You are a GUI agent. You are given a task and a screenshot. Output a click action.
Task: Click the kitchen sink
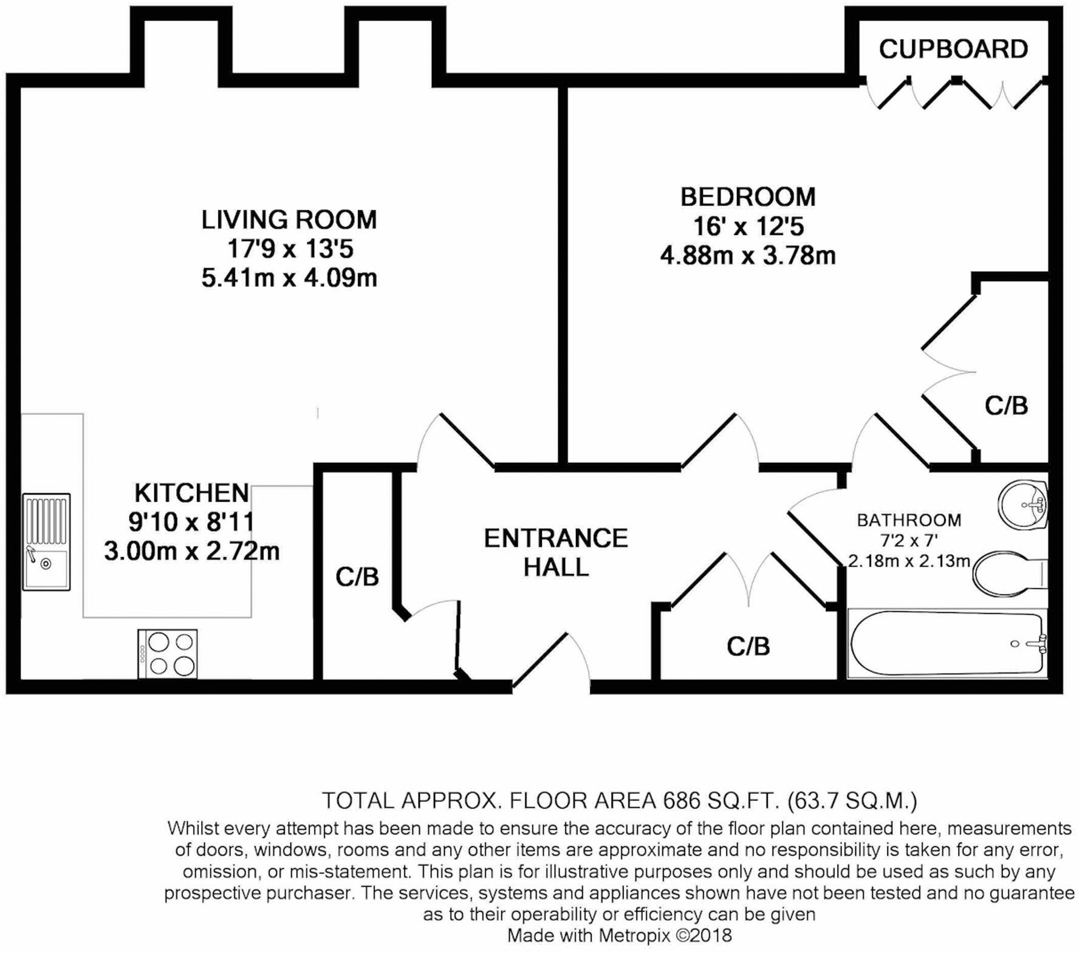[46, 541]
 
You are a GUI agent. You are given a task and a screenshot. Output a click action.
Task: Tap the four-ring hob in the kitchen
[168, 654]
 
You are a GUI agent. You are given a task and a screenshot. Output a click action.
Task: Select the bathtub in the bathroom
[947, 643]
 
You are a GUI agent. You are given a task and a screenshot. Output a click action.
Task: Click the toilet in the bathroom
[1009, 573]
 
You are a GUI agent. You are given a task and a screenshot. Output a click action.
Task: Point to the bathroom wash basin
[1023, 505]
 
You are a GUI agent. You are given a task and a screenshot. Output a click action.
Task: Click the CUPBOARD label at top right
[953, 49]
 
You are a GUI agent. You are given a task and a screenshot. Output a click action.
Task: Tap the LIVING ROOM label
[289, 220]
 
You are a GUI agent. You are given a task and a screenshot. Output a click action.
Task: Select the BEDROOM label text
[747, 197]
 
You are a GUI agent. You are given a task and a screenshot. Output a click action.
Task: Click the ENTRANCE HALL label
[555, 552]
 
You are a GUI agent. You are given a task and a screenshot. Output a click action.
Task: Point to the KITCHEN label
[191, 493]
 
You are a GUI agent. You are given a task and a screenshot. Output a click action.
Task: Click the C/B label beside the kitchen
[357, 577]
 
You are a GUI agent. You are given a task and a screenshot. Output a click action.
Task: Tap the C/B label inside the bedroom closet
[1006, 406]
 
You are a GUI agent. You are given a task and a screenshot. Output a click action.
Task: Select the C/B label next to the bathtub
[748, 647]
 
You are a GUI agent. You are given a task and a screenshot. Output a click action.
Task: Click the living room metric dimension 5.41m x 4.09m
[289, 278]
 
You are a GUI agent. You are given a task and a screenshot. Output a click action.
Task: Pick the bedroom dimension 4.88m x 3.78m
[747, 256]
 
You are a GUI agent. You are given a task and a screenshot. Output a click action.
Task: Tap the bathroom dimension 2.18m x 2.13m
[909, 561]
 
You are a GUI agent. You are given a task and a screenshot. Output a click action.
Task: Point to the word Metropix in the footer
[635, 935]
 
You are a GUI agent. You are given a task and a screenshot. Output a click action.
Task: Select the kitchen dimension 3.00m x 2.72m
[191, 552]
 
